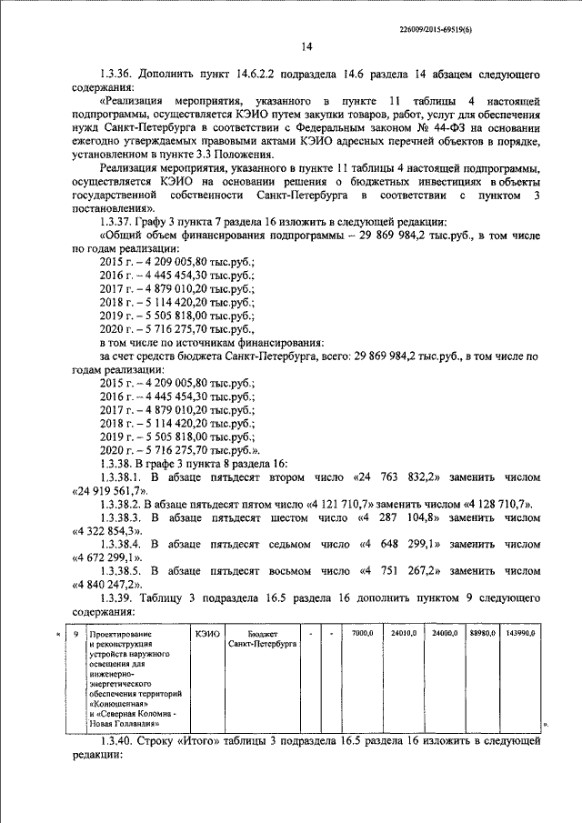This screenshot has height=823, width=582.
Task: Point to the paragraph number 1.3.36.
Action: tap(119, 73)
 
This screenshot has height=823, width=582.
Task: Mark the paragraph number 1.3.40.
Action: tap(119, 742)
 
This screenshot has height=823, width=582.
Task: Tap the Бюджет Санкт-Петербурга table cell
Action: tap(262, 637)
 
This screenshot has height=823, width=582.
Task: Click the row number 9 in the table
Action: tap(75, 632)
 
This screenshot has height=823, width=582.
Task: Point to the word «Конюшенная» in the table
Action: tap(116, 703)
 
